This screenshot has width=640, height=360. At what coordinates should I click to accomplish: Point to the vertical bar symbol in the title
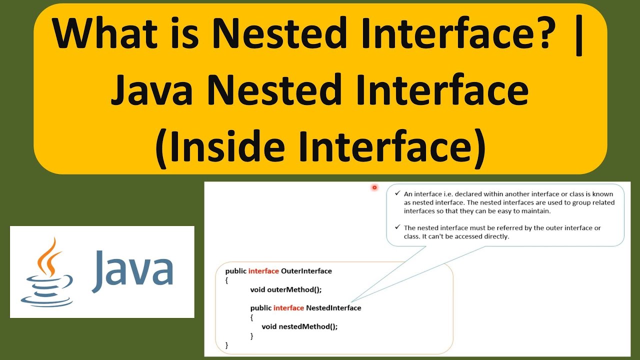click(579, 35)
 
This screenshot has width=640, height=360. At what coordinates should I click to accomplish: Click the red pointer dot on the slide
click(374, 187)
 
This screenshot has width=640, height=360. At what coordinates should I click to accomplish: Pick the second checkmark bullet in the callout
click(397, 227)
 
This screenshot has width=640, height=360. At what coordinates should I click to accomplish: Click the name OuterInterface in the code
click(306, 271)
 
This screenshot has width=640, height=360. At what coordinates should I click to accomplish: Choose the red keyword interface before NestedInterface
click(289, 307)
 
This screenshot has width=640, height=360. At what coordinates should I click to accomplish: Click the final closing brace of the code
click(227, 344)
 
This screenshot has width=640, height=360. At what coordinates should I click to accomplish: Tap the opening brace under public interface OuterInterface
click(227, 280)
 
